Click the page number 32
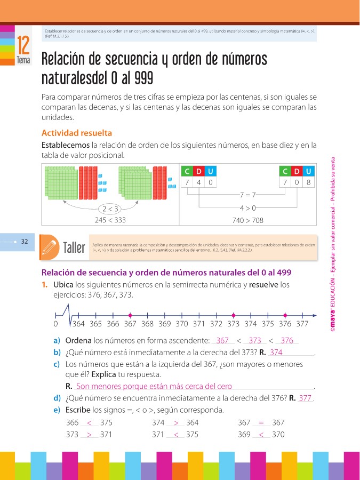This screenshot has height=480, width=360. (x=24, y=241)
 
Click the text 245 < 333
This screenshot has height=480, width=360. (x=111, y=220)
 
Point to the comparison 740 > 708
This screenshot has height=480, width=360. (x=247, y=220)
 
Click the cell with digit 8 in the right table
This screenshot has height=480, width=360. (x=309, y=182)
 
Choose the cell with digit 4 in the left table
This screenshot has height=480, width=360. (x=198, y=182)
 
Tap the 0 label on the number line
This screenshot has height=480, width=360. (x=55, y=324)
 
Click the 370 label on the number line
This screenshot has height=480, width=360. (x=181, y=324)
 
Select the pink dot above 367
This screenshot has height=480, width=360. (x=130, y=314)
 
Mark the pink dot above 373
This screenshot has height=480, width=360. (x=233, y=314)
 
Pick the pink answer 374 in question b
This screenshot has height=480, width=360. (x=276, y=353)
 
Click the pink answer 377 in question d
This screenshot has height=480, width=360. (x=305, y=398)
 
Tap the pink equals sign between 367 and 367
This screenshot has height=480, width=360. (x=261, y=422)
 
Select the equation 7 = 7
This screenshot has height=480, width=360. (x=248, y=195)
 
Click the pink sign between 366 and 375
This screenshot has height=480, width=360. (x=89, y=422)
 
